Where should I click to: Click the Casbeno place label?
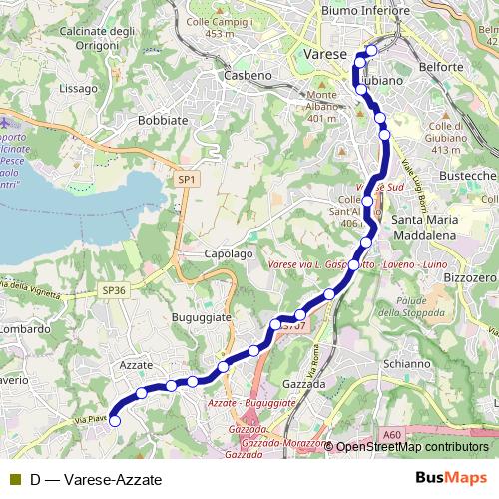(x=247, y=76)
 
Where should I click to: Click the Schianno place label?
(x=404, y=364)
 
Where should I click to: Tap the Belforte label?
(x=442, y=67)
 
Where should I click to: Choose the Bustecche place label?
(x=467, y=175)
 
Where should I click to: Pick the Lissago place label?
(x=79, y=88)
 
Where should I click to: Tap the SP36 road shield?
(x=115, y=290)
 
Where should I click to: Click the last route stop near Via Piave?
(x=115, y=421)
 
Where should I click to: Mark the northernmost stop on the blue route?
(x=372, y=50)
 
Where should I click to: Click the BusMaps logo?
(x=451, y=478)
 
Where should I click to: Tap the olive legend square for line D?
(x=14, y=479)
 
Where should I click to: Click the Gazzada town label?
(x=305, y=383)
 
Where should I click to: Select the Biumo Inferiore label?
(x=366, y=12)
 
